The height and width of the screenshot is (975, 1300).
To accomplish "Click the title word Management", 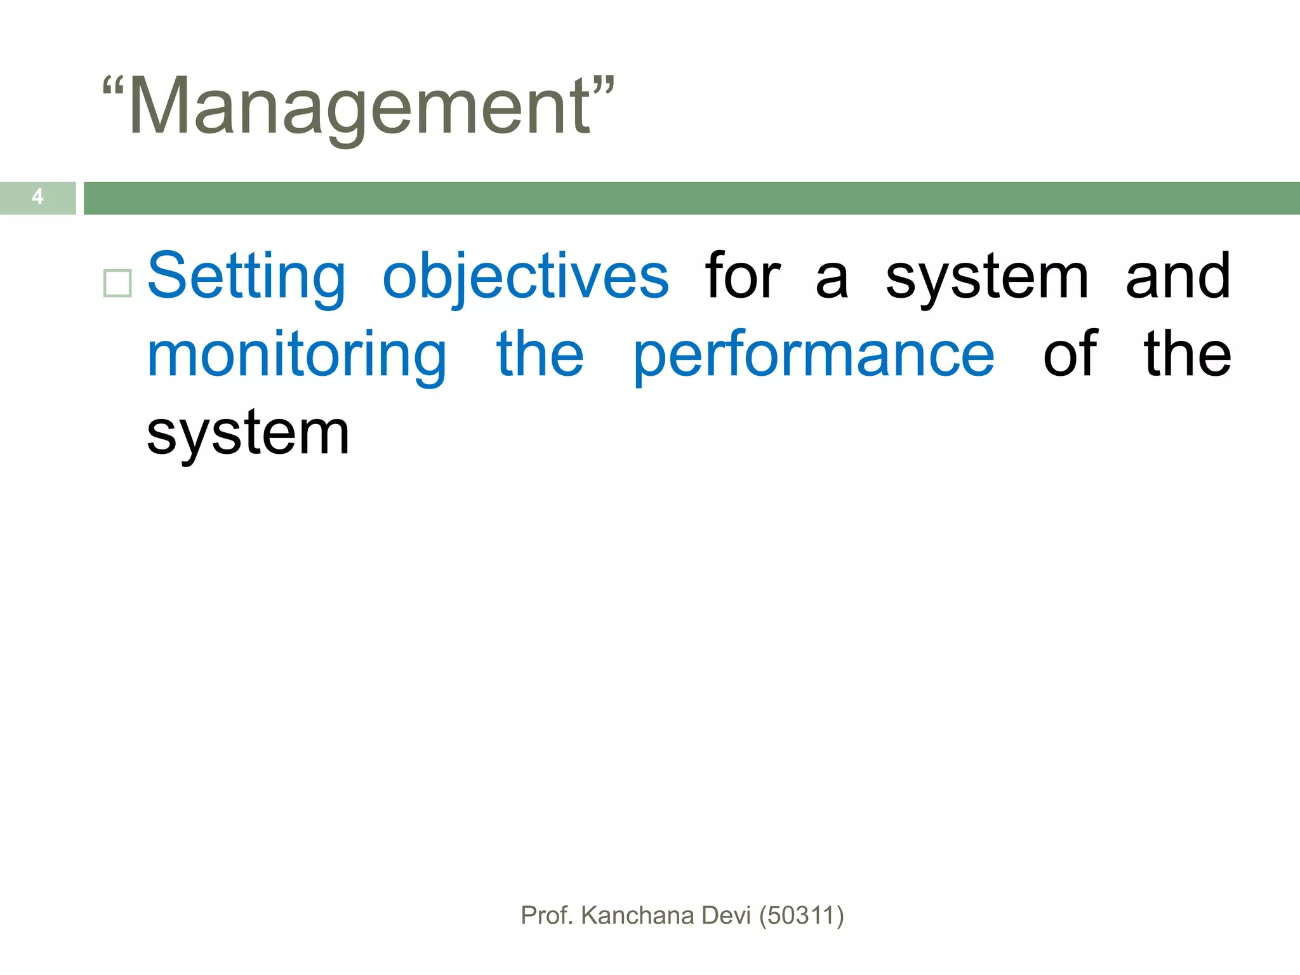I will pyautogui.click(x=359, y=107).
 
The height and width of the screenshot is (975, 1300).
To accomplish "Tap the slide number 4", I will pyautogui.click(x=37, y=197).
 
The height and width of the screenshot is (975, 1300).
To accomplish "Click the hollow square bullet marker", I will pyautogui.click(x=117, y=283).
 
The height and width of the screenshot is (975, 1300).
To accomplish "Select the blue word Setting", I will pyautogui.click(x=246, y=277).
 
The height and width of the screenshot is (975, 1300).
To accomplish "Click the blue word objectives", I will pyautogui.click(x=526, y=277).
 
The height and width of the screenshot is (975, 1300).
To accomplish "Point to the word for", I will pyautogui.click(x=743, y=277).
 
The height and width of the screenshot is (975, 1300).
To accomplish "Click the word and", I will pyautogui.click(x=1178, y=277).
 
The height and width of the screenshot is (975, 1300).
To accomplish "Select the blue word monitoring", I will pyautogui.click(x=297, y=355).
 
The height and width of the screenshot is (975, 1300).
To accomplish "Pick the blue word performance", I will pyautogui.click(x=814, y=355).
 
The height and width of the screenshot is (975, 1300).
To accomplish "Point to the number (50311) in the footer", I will pyautogui.click(x=801, y=915).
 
